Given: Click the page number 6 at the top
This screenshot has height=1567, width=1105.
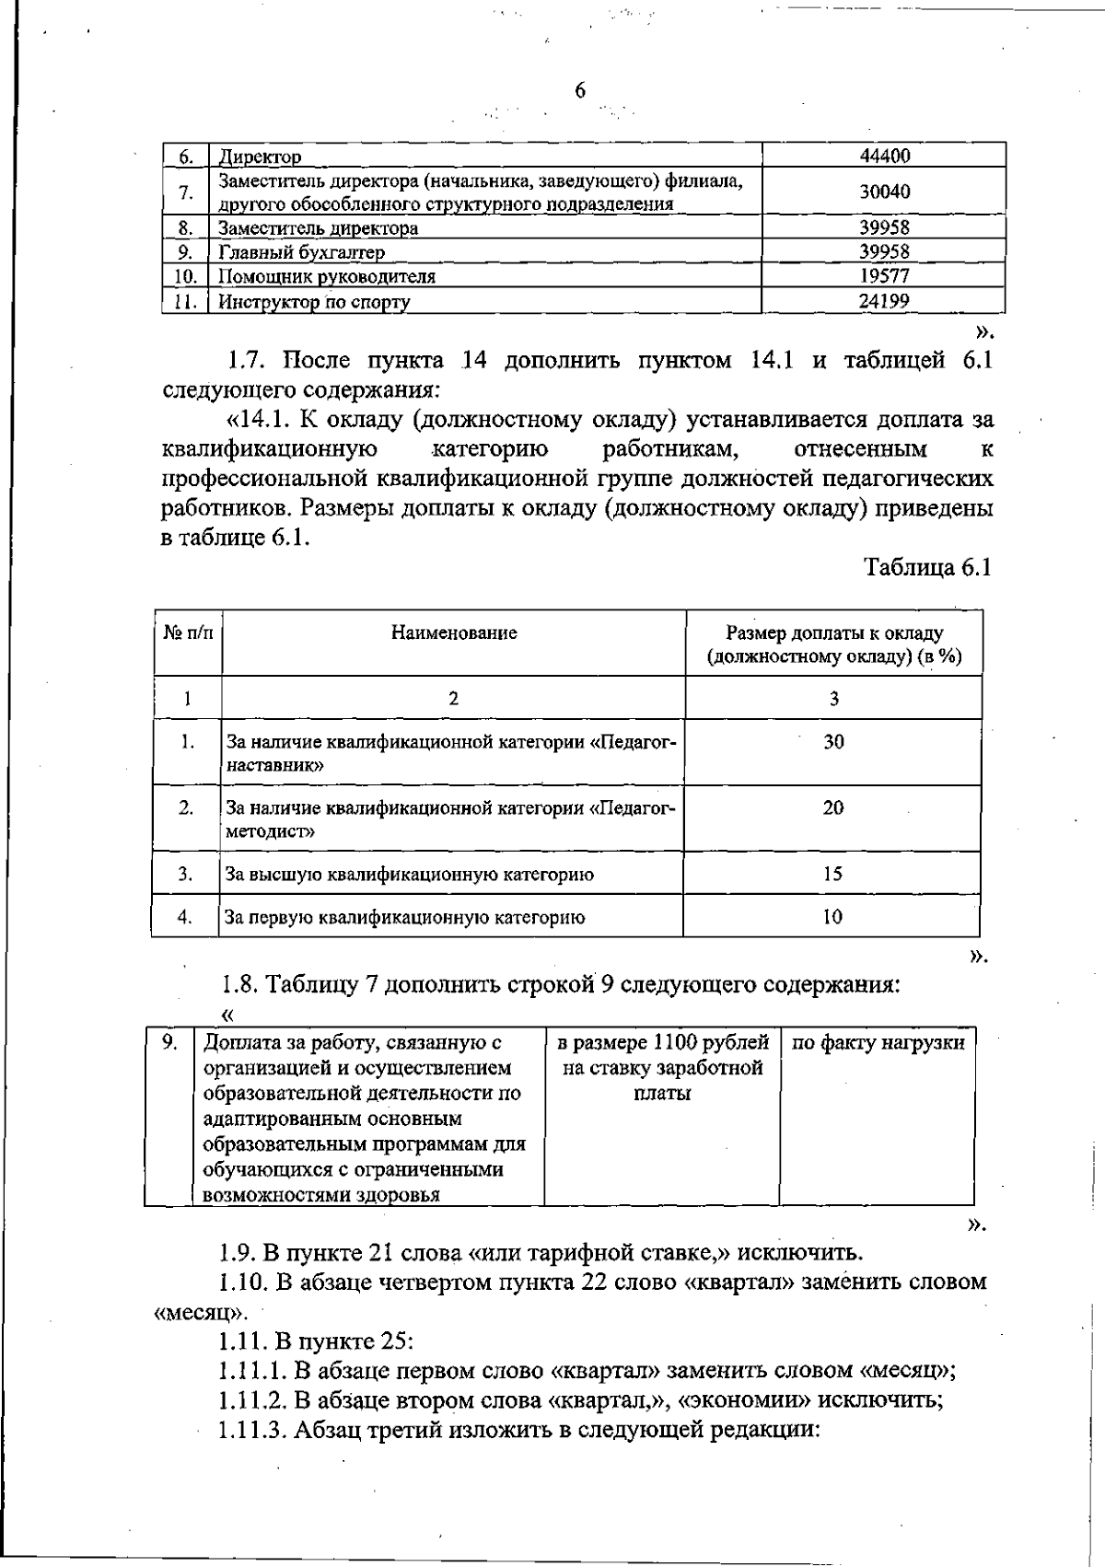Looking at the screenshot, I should (579, 90).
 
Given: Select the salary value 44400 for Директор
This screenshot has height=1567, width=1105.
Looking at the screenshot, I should (884, 156).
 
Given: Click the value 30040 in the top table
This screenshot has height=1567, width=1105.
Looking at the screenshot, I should (884, 192).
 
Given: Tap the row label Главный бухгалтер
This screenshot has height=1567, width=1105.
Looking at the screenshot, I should (301, 252).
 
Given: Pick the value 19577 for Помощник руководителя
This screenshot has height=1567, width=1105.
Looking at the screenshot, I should (884, 276).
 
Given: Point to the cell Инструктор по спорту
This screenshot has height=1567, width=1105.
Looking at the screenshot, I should (314, 302).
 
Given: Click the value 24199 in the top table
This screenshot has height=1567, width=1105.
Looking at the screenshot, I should (884, 301).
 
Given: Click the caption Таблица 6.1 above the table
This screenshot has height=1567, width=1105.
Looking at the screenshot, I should (927, 567).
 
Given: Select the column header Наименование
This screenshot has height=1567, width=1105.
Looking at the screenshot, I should (453, 633).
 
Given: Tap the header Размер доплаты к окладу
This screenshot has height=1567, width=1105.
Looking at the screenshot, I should (833, 633).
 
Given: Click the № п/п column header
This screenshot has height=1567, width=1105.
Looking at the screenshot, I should (188, 633).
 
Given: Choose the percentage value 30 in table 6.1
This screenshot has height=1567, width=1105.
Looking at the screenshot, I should (833, 742).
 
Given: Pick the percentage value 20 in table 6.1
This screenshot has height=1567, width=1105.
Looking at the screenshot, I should (833, 807).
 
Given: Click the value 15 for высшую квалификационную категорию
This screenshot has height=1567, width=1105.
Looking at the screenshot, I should (832, 874).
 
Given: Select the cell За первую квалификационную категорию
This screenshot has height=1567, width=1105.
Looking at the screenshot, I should (405, 917).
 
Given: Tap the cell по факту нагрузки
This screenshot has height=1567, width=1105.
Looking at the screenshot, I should (878, 1043).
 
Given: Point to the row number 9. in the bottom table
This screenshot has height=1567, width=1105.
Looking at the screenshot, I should (169, 1042).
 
